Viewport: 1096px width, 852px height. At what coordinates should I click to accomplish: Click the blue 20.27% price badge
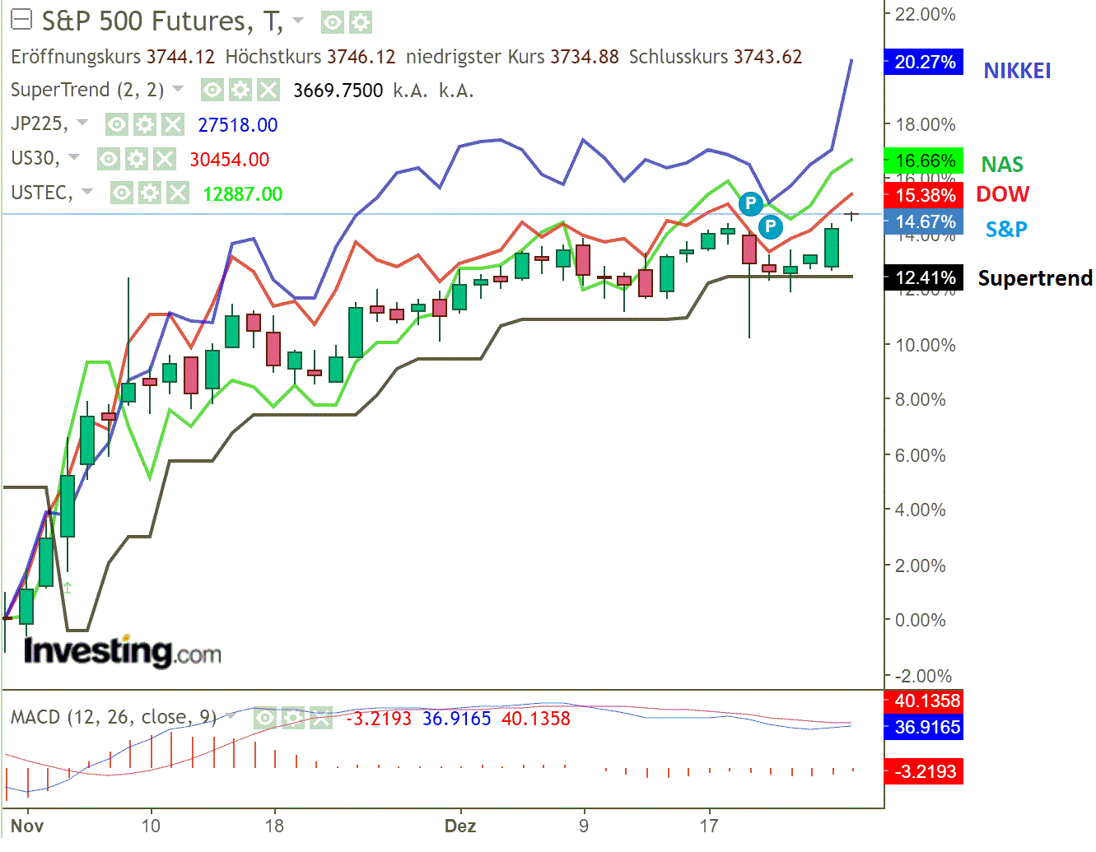click(x=924, y=63)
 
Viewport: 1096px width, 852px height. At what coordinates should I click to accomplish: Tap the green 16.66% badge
click(x=924, y=161)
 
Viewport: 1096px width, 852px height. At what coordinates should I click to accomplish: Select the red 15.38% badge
click(x=924, y=195)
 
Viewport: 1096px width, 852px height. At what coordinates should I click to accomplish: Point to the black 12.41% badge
click(x=924, y=278)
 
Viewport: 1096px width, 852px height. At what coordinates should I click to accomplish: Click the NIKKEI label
click(x=1017, y=72)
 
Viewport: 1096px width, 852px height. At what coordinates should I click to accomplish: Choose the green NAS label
click(x=1002, y=165)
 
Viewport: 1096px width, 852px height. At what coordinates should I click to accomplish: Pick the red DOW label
click(x=1002, y=194)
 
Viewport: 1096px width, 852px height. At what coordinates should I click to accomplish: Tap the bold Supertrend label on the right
click(x=1035, y=278)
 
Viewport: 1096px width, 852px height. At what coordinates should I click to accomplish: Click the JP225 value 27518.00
click(x=238, y=125)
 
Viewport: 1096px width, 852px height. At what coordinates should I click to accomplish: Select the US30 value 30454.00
click(x=230, y=160)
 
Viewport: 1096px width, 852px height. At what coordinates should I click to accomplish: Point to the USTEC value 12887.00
click(x=243, y=194)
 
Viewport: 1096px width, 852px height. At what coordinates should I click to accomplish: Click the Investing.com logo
click(x=123, y=652)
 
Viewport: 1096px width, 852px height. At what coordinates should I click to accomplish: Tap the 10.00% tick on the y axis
click(x=926, y=345)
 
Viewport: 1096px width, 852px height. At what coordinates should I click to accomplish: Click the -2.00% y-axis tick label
click(x=924, y=676)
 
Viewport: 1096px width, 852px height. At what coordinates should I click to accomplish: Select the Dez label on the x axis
click(x=459, y=826)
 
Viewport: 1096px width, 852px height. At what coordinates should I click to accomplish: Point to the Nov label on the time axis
click(x=27, y=826)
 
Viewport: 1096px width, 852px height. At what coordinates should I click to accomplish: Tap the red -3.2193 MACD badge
click(x=924, y=772)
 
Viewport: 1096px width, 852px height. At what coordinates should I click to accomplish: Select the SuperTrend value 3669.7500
click(x=338, y=91)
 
